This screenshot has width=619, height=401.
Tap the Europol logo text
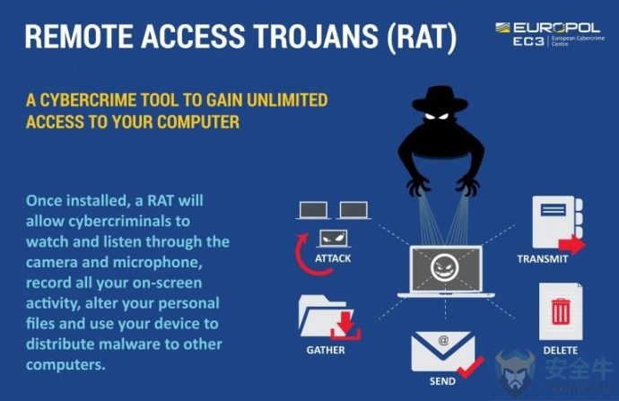point(556,28)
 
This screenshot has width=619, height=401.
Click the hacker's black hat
point(440,99)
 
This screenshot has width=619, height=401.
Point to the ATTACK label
point(333,258)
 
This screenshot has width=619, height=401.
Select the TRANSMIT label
point(543,259)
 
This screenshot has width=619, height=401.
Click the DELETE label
point(560,350)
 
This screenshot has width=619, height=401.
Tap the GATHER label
point(326,350)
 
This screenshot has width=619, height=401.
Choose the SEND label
point(442,381)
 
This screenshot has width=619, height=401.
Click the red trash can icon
point(561,311)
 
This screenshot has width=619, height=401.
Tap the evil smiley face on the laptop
point(445,267)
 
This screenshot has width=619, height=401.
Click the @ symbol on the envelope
point(443,339)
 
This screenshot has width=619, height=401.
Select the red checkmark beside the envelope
point(471,367)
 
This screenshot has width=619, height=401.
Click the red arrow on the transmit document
point(572,244)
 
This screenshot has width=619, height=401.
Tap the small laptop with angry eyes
point(334,239)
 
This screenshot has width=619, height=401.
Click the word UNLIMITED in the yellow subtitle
point(287,100)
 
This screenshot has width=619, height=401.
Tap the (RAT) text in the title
point(422,37)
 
